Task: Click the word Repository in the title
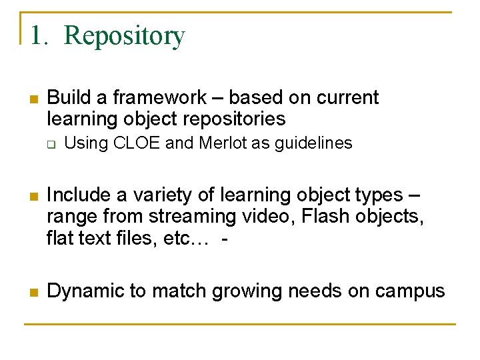pyautogui.click(x=125, y=36)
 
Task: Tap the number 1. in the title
pyautogui.click(x=39, y=36)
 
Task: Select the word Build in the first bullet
pyautogui.click(x=70, y=98)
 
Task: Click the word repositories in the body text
pyautogui.click(x=229, y=119)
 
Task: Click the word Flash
pyautogui.click(x=312, y=217)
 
